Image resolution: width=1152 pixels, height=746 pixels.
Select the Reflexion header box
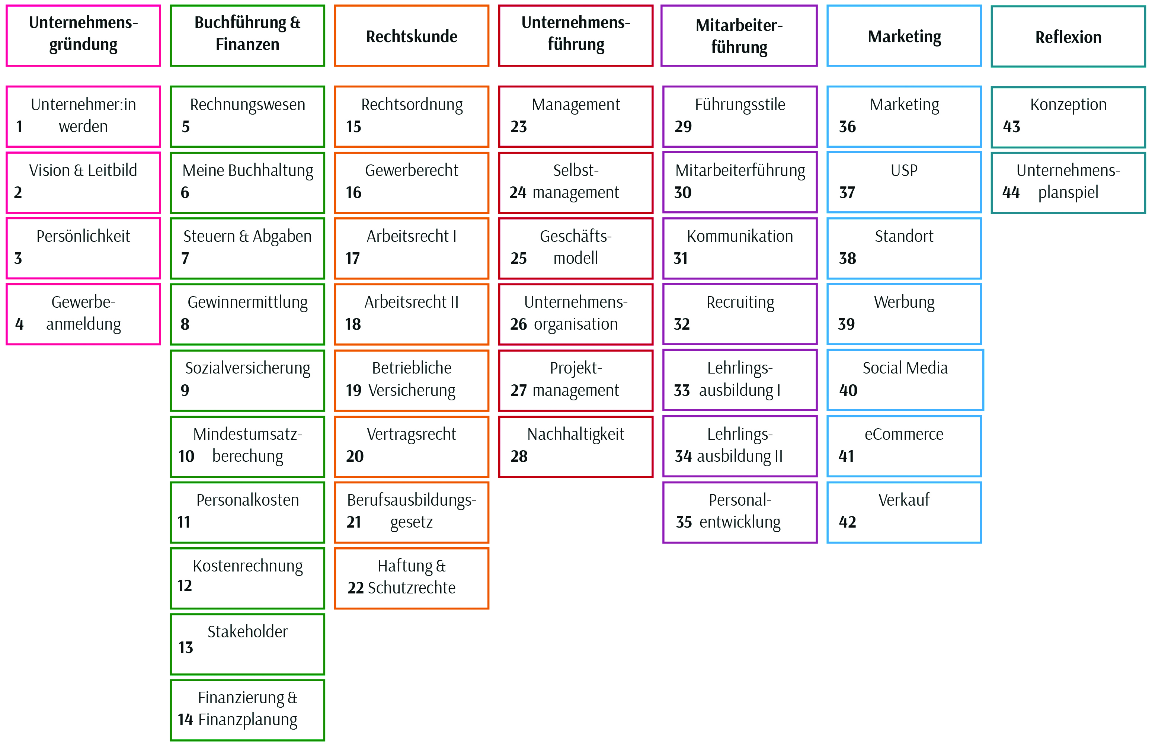coord(1068,36)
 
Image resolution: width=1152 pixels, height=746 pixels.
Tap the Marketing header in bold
coord(904,36)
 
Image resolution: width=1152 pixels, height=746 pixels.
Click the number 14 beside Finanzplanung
coord(185,719)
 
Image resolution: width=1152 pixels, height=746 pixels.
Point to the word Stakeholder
coord(247,631)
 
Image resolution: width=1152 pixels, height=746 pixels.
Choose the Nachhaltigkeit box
coord(576,446)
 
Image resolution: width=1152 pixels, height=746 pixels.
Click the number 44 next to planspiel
coord(1011,192)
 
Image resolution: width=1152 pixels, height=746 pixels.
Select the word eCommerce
coord(904,434)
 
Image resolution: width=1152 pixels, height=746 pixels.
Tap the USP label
coord(904,170)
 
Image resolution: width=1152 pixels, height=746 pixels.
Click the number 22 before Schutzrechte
coord(355,588)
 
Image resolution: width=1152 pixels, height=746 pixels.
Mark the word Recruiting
coord(740,302)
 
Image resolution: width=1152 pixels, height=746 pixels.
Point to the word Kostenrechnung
coord(247,566)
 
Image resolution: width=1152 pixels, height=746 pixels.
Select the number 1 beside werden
coord(19,127)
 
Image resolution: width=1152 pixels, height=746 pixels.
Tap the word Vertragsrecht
coord(412,434)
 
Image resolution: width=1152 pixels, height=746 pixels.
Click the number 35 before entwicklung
coord(684,522)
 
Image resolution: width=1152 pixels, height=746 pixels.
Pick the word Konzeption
coord(1068,105)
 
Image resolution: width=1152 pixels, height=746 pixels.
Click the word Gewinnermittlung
coord(247,302)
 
